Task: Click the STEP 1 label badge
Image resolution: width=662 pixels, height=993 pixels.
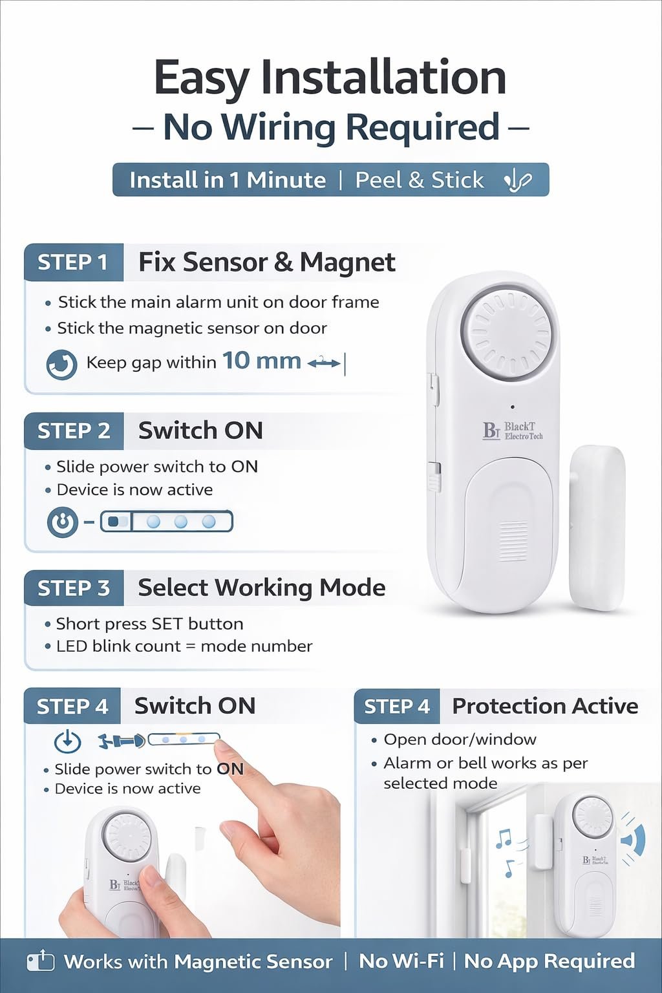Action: coord(74,262)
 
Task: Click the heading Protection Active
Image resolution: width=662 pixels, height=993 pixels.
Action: coord(545,706)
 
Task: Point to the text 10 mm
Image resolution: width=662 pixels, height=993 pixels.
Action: coord(262,360)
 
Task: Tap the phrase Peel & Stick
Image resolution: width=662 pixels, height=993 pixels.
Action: coord(420,180)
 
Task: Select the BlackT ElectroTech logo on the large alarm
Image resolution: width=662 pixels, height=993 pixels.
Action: coord(513,431)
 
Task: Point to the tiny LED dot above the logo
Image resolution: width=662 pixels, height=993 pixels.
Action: coord(513,407)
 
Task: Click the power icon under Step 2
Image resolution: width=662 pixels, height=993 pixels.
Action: coord(63,522)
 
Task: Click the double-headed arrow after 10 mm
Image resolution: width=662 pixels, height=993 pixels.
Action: coord(324,363)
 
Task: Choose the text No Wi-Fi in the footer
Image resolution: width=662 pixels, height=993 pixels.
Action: coord(401,961)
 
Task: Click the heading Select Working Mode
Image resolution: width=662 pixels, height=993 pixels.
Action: coord(262,588)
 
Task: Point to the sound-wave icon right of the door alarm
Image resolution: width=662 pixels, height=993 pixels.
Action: coord(633,838)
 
